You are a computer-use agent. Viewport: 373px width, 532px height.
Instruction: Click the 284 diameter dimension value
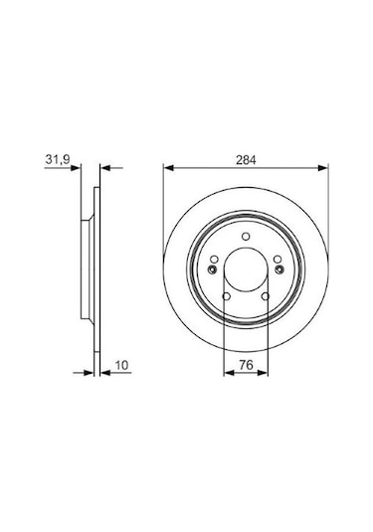tap(246, 160)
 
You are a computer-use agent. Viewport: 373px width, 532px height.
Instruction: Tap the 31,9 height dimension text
tap(57, 159)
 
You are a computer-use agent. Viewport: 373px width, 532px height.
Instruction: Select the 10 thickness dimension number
tap(121, 365)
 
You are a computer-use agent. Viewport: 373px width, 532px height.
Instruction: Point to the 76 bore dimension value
tap(246, 365)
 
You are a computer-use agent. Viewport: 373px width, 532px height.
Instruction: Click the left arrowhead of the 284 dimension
tap(169, 168)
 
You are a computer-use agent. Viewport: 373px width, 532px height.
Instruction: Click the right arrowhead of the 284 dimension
tap(323, 168)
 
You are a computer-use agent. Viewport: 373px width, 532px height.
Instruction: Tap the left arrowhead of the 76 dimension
tap(229, 373)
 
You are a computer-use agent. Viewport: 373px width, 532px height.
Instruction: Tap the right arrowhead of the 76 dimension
tap(263, 373)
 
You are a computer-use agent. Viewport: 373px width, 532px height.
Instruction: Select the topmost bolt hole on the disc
tap(246, 236)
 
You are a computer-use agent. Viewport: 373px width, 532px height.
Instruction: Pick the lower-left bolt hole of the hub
tap(227, 296)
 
